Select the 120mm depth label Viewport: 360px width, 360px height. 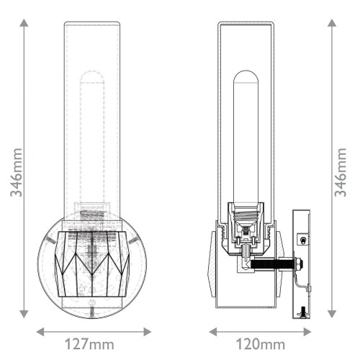tap(261, 345)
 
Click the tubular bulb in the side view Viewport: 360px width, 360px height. tap(245, 137)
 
